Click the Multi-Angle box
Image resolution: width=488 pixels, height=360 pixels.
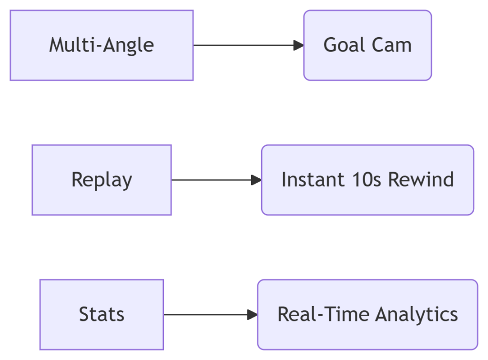coord(102,45)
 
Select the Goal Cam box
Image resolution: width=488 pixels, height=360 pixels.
coord(367,45)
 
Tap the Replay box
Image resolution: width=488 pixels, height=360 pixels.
coord(102,180)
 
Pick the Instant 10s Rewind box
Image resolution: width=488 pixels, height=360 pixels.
coord(367,180)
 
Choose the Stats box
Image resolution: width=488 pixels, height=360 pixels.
coord(102,315)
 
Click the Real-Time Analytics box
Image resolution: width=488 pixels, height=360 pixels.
coord(367,315)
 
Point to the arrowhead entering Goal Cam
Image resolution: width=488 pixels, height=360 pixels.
coord(298,45)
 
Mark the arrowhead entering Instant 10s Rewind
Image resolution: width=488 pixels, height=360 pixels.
coord(256,180)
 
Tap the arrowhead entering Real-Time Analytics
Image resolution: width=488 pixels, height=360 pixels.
coord(253,315)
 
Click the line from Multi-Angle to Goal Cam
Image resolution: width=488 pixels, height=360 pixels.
coord(249,45)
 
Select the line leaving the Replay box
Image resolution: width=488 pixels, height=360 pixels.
coord(217,180)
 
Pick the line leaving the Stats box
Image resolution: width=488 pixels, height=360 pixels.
coord(211,315)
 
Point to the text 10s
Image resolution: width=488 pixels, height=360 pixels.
coord(366,180)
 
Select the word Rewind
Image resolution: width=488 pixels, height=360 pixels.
coord(421,180)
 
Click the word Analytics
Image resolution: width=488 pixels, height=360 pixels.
coord(417,315)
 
